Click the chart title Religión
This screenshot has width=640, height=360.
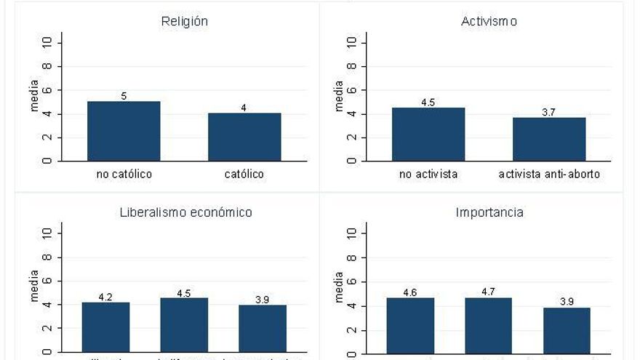coord(184,22)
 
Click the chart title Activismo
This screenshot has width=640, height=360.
coord(489,22)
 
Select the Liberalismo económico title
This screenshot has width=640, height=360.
coord(185,212)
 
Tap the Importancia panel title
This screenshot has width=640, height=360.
coord(489,212)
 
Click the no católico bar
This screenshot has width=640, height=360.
coord(124,131)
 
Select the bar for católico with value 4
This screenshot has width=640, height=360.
coord(244,137)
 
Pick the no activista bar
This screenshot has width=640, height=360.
coord(428,134)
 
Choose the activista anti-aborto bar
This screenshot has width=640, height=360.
coord(549,139)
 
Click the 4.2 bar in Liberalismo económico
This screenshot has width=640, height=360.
coord(105,327)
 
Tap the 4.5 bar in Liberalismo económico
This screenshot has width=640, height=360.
coord(184,325)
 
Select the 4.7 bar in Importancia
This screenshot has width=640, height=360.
coord(489,325)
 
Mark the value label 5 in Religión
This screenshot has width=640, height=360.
coord(124,95)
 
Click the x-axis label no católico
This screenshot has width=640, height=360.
coord(124,175)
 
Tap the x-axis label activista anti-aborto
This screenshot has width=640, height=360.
coord(549,175)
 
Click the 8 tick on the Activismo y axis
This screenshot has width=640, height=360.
coord(351,66)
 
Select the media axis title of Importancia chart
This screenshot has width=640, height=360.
coord(339,286)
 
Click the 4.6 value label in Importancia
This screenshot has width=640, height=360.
coord(410,292)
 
